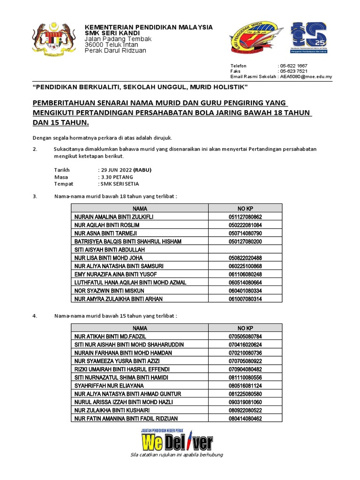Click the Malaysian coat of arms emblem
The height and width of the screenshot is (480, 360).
coord(53,39)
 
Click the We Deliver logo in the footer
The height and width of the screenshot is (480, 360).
coord(177,441)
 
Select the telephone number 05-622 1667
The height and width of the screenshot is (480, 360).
coord(294,66)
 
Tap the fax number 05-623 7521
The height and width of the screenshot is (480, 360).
coord(294,71)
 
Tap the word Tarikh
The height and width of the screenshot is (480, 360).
coord(62,170)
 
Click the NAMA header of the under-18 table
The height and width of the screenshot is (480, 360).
coord(140,208)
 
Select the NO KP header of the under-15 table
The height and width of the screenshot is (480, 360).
coord(245,328)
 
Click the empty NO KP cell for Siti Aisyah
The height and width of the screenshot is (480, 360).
coord(245,249)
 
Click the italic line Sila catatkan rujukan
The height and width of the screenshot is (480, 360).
coord(177,455)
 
